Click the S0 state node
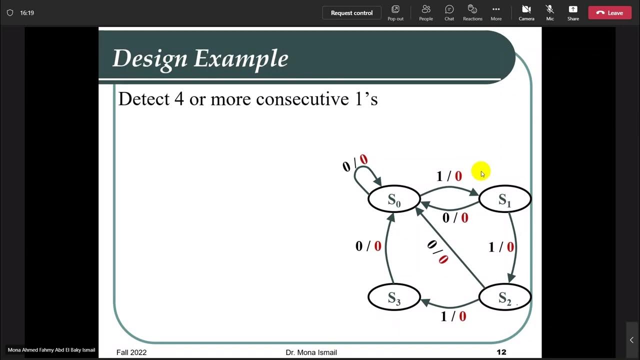click(394, 199)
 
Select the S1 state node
click(505, 199)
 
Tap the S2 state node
click(505, 298)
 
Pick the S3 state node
click(394, 298)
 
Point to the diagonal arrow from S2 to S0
click(450, 245)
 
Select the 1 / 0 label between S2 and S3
click(453, 316)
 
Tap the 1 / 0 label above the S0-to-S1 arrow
click(449, 176)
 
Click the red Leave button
click(609, 13)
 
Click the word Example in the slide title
click(241, 58)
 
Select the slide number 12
click(501, 352)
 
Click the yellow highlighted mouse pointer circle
click(480, 171)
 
